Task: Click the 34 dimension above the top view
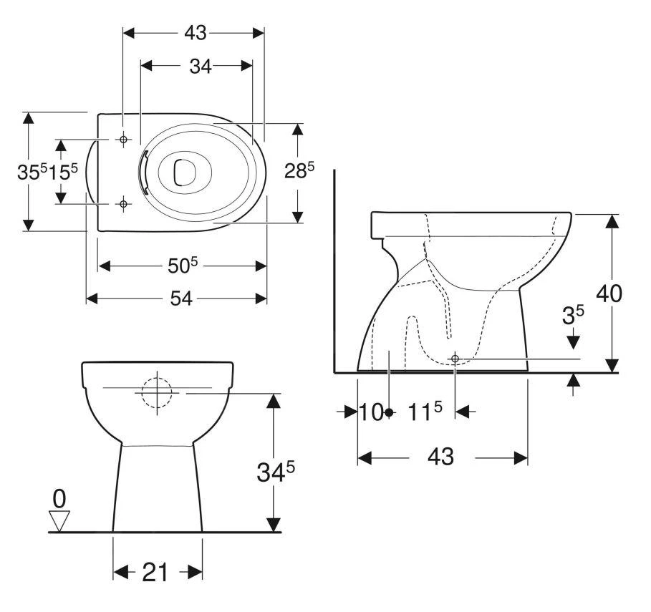click(x=200, y=66)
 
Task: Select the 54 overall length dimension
click(x=180, y=299)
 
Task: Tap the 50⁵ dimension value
click(x=182, y=266)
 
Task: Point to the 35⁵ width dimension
click(x=32, y=173)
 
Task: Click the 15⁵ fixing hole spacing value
click(x=64, y=173)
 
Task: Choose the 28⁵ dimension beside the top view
click(x=300, y=173)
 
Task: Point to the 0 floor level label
click(x=59, y=497)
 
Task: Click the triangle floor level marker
click(x=59, y=520)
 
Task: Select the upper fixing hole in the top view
click(x=123, y=139)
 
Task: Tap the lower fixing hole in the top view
click(x=123, y=205)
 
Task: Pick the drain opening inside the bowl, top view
click(x=185, y=172)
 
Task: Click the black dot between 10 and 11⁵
click(x=388, y=412)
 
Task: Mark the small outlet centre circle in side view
click(x=455, y=358)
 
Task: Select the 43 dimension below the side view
click(x=443, y=457)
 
